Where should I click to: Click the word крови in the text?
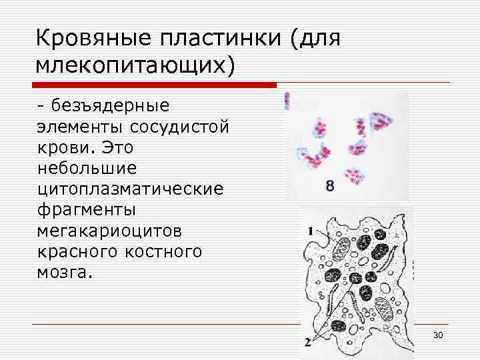coord(61,147)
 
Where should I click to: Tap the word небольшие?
coord(87,168)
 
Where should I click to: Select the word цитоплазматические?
coord(131,189)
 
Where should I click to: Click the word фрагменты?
coord(87,210)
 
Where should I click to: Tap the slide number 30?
coord(438,334)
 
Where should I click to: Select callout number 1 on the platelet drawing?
coord(310,230)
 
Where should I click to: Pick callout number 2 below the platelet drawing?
coord(307,342)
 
